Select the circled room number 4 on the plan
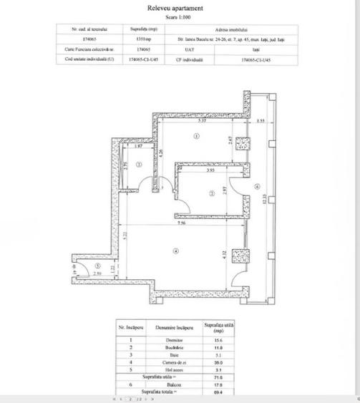click(x=174, y=250)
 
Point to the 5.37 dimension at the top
click(x=203, y=121)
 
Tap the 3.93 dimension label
click(x=211, y=171)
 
